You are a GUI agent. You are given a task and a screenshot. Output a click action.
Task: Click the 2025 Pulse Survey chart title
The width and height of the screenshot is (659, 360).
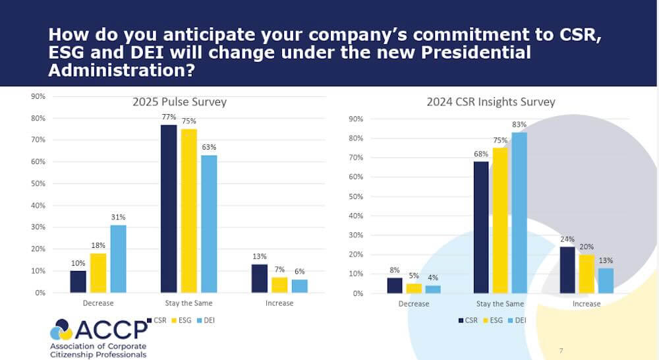[x=179, y=102]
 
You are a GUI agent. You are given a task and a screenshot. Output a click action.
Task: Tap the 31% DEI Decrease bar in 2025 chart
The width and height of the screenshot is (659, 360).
[x=119, y=258]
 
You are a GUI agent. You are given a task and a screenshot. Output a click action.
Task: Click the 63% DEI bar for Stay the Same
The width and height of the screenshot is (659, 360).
[x=209, y=224]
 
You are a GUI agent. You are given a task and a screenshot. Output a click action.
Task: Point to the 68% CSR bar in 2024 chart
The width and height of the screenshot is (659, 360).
[x=481, y=227]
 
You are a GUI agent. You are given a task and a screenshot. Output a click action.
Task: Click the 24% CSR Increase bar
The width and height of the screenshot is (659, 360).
[x=567, y=270]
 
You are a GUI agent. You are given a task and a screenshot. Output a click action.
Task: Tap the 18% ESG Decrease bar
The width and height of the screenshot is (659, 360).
[x=98, y=272]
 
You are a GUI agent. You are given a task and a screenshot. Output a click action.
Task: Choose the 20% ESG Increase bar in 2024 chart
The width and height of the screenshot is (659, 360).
[x=587, y=274]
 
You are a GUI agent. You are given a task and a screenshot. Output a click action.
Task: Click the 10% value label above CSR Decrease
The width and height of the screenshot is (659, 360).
[x=78, y=263]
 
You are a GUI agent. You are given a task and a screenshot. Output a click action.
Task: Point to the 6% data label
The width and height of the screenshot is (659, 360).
[x=300, y=272]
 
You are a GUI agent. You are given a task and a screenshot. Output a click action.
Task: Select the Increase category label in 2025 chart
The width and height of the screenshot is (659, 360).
[x=279, y=303]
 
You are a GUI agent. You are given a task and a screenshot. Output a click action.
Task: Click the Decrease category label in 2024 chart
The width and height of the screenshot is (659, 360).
[x=414, y=304]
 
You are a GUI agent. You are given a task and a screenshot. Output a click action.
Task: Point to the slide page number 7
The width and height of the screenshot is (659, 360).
[x=561, y=350]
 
